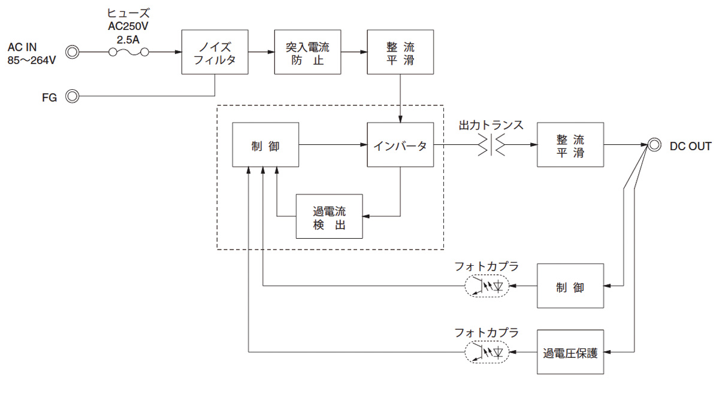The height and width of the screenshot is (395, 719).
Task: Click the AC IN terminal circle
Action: click(x=72, y=53)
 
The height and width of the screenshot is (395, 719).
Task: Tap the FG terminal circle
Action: click(x=72, y=96)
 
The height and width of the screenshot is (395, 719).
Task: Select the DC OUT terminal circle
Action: click(x=654, y=145)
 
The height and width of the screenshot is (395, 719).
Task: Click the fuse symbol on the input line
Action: click(x=129, y=53)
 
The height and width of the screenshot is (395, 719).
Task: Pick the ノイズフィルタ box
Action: click(x=215, y=53)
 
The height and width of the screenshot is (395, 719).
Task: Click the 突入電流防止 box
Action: click(x=307, y=53)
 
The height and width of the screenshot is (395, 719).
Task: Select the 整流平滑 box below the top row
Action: click(x=570, y=145)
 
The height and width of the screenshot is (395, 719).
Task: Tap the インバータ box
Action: click(x=400, y=145)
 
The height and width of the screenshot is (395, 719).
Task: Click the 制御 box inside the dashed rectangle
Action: click(x=265, y=145)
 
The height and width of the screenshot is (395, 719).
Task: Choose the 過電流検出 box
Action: click(x=330, y=217)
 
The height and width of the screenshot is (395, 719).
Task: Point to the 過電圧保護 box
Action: click(x=570, y=352)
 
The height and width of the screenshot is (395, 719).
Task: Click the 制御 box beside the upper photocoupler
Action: click(x=570, y=287)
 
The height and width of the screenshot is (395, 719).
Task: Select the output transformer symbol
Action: click(x=491, y=145)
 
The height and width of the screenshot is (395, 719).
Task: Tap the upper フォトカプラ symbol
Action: click(x=486, y=286)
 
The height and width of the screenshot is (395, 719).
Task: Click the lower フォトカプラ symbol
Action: click(x=486, y=352)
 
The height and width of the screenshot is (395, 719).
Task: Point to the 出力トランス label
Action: click(x=491, y=126)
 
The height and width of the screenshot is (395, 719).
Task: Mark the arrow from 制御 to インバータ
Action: click(x=333, y=145)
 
